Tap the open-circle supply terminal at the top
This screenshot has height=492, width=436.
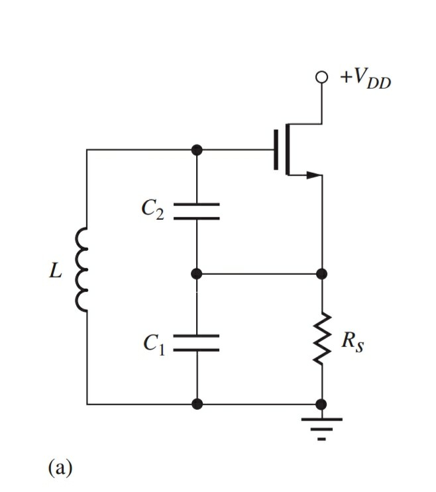click(x=322, y=77)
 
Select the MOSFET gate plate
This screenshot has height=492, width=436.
click(x=276, y=150)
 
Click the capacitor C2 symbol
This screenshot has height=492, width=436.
click(x=196, y=211)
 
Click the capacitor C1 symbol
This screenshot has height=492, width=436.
click(x=196, y=342)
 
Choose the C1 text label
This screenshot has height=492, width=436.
click(x=153, y=343)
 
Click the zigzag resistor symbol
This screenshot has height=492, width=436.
click(x=322, y=338)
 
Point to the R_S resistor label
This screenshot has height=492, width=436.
click(x=353, y=343)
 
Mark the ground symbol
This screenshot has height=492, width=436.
click(x=322, y=427)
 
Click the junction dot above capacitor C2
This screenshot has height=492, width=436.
click(x=196, y=150)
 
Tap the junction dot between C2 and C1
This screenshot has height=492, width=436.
click(x=196, y=273)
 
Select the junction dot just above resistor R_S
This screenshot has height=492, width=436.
click(x=322, y=273)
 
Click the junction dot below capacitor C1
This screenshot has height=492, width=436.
click(x=196, y=403)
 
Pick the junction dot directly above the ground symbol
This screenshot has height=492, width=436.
click(x=322, y=403)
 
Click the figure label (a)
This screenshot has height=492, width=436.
click(x=60, y=467)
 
